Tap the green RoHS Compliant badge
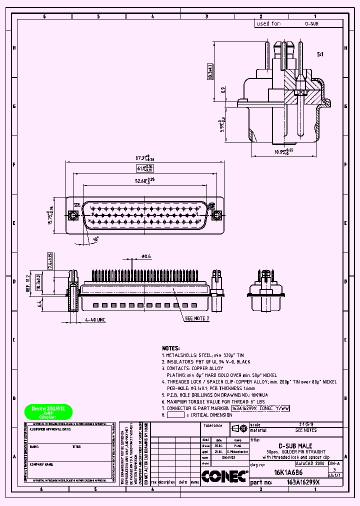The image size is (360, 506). point(48,411)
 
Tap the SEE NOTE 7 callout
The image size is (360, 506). point(197,318)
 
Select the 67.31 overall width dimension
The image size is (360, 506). point(142,158)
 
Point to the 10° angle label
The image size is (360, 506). point(95,239)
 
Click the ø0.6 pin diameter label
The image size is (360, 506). point(146,256)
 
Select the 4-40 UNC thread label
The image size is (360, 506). point(94,319)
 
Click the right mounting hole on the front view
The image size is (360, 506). point(216,215)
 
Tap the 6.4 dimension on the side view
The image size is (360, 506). point(39,303)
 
